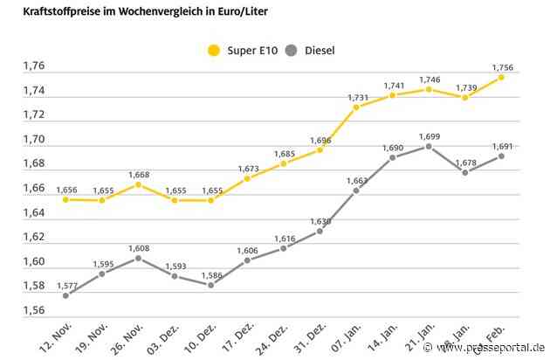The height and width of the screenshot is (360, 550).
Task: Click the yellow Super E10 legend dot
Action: pos(214,50)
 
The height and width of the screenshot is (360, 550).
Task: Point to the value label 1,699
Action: pos(429,135)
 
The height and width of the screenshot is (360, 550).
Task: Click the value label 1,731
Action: pos(356,96)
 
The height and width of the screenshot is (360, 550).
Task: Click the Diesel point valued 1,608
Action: pos(139,258)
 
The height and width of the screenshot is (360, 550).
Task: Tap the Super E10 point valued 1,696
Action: pos(320,149)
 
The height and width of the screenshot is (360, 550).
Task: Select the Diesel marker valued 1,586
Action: pos(211,285)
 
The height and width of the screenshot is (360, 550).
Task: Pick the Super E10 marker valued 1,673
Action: pos(247,178)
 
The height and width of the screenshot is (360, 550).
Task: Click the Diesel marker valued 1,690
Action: pos(392,157)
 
